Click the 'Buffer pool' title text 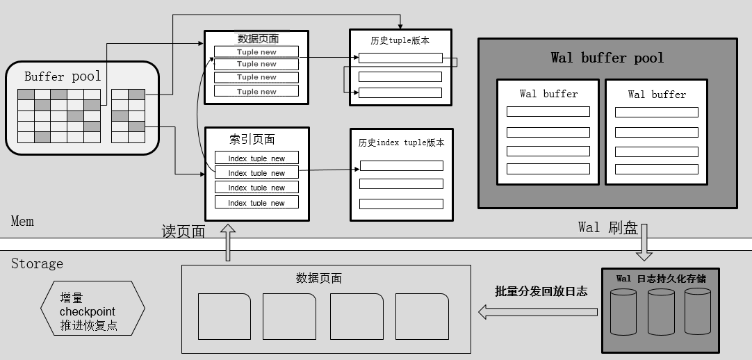pyautogui.click(x=63, y=76)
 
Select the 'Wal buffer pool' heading pyautogui.click(x=607, y=58)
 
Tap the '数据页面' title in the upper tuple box pyautogui.click(x=257, y=39)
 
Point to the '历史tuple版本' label pyautogui.click(x=400, y=40)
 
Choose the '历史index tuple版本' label pyautogui.click(x=401, y=142)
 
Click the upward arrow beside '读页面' pyautogui.click(x=227, y=243)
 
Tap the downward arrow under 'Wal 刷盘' pyautogui.click(x=644, y=243)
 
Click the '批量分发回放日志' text pyautogui.click(x=541, y=291)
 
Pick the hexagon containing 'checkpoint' pyautogui.click(x=92, y=308)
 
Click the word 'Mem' pyautogui.click(x=22, y=221)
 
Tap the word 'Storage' pyautogui.click(x=37, y=264)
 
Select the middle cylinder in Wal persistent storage pyautogui.click(x=660, y=312)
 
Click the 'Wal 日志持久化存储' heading pyautogui.click(x=660, y=279)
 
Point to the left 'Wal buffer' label pyautogui.click(x=548, y=94)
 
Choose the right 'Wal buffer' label pyautogui.click(x=657, y=94)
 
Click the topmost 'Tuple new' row pyautogui.click(x=256, y=51)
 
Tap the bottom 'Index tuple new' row pyautogui.click(x=256, y=203)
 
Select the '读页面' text pyautogui.click(x=183, y=232)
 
